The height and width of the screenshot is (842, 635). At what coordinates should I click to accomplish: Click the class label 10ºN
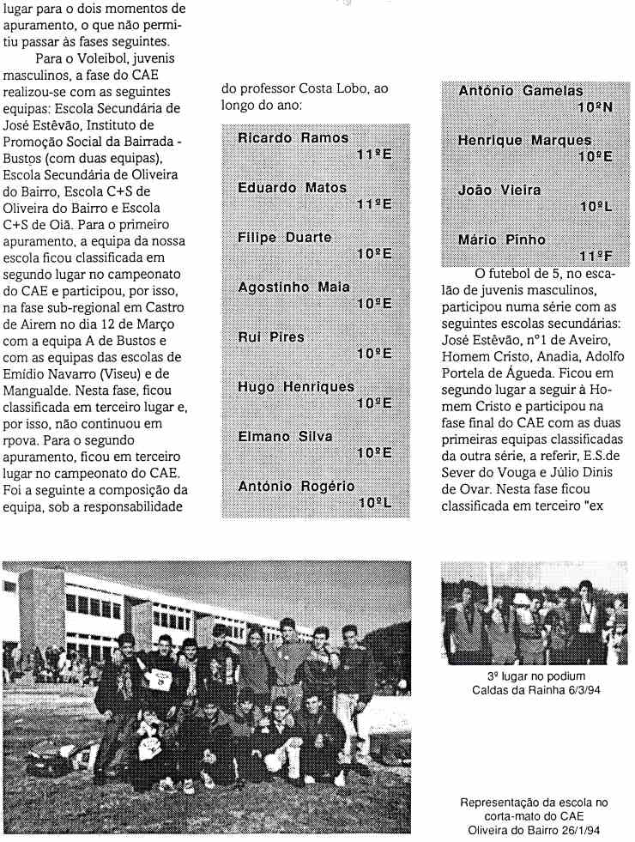pyautogui.click(x=595, y=107)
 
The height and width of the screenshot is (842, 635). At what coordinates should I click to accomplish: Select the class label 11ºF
pyautogui.click(x=596, y=256)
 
